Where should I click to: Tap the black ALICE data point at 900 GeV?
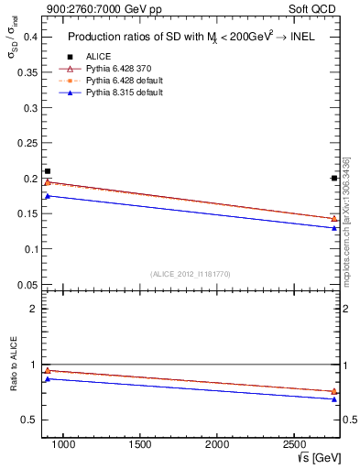48,171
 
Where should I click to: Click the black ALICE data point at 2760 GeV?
333,178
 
